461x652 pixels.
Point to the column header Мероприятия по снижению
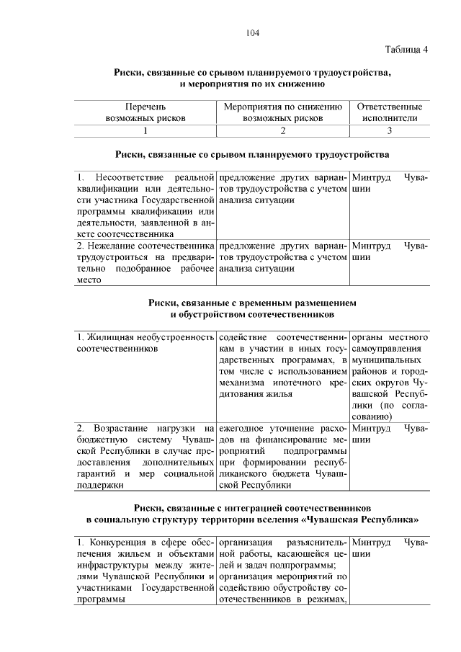coord(282,107)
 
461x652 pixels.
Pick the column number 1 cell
coord(146,130)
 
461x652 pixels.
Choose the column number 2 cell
coord(282,130)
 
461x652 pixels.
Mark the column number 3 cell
coord(390,130)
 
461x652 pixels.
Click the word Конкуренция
coord(121,541)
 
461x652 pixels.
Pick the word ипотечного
coord(295,383)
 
